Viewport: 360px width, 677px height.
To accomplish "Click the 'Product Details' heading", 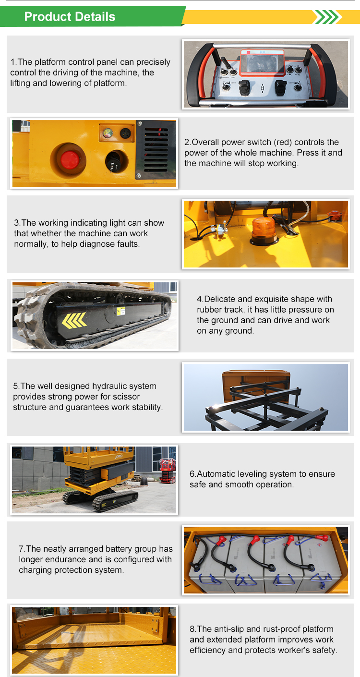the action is pyautogui.click(x=70, y=17).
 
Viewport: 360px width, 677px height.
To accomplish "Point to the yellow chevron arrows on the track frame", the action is pyautogui.click(x=74, y=320).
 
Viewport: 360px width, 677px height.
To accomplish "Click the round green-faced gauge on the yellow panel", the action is pyautogui.click(x=108, y=133).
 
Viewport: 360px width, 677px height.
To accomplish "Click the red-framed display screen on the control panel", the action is pyautogui.click(x=262, y=62).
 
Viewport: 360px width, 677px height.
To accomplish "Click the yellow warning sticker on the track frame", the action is pyautogui.click(x=121, y=311).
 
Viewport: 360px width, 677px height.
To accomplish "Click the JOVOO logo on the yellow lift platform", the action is pyautogui.click(x=119, y=457).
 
